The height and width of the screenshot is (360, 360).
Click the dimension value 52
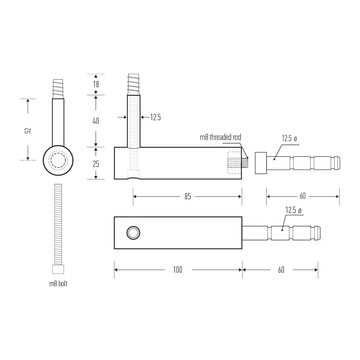pos(28,130)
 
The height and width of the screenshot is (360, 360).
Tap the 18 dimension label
pos(96,85)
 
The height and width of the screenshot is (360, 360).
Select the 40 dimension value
pos(96,121)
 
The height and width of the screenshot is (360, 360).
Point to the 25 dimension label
pos(96,164)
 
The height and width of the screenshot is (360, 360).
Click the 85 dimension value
pos(188,197)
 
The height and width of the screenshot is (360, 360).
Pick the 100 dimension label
pos(178,270)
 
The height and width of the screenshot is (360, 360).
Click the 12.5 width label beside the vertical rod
pos(156,117)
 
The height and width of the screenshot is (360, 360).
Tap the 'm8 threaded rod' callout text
pos(220,137)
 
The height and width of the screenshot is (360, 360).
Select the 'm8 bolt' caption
pos(58,284)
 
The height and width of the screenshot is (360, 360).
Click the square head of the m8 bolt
pos(58,269)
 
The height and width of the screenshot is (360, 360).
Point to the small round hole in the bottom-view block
pos(134,233)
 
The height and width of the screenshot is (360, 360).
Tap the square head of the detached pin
pos(261,163)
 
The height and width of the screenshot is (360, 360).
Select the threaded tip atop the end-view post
pos(58,89)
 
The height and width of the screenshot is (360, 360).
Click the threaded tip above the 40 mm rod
pos(134,85)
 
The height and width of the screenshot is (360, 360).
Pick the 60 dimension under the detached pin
pos(303,196)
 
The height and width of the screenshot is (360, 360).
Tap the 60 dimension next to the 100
pos(281,270)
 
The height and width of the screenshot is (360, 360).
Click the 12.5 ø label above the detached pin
pos(289,139)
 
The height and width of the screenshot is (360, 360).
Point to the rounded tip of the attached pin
pos(318,233)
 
